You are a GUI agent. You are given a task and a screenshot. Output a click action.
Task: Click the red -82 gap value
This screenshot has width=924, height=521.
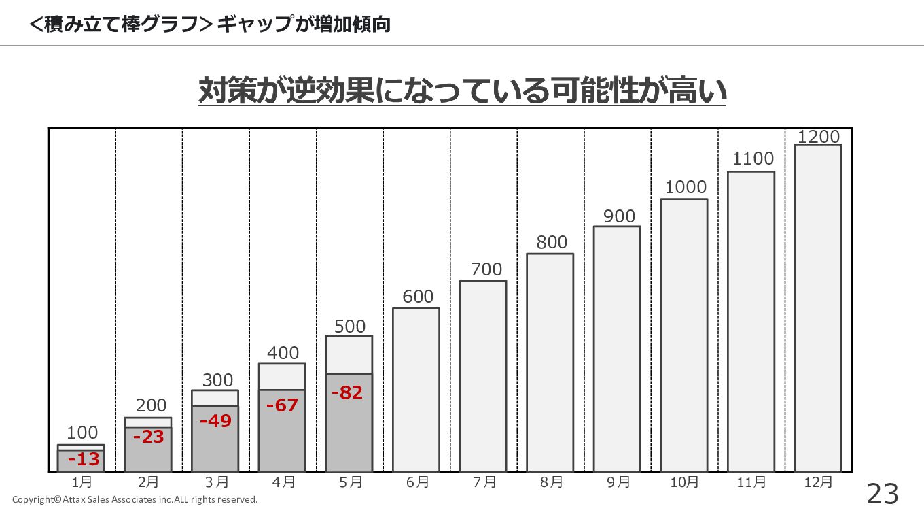[x=346, y=392]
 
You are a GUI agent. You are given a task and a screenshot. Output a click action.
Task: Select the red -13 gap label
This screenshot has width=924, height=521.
[x=84, y=459]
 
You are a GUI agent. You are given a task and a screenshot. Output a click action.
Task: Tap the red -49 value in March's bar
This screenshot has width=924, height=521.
[x=215, y=421]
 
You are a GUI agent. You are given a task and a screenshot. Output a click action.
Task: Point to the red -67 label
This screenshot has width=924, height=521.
[x=282, y=405]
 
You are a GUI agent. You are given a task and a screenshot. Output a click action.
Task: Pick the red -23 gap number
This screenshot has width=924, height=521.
[x=148, y=437]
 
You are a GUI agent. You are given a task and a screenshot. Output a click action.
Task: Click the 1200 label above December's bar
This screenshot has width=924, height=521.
[x=818, y=137]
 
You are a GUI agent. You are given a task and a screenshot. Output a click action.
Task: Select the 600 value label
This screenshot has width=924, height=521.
[x=417, y=297]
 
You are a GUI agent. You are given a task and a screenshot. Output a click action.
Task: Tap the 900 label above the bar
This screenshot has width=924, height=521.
[x=619, y=216]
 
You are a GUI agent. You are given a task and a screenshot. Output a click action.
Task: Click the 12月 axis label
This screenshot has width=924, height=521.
[x=818, y=482]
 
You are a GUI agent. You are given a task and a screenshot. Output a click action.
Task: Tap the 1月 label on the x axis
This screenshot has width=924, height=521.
[x=82, y=482]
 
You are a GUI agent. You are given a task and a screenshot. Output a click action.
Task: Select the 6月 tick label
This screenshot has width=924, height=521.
[x=417, y=482]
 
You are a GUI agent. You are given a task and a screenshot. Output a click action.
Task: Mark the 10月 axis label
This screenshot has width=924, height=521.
[x=683, y=482]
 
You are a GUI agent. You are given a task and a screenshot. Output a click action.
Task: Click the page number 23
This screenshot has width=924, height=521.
[x=882, y=494]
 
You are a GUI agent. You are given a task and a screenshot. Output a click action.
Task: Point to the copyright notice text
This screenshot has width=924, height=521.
[x=135, y=500]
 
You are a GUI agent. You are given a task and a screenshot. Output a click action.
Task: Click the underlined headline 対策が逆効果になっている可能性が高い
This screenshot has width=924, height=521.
[x=462, y=91]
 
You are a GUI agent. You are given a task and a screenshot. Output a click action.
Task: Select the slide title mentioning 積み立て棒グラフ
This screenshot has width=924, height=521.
[x=210, y=24]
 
